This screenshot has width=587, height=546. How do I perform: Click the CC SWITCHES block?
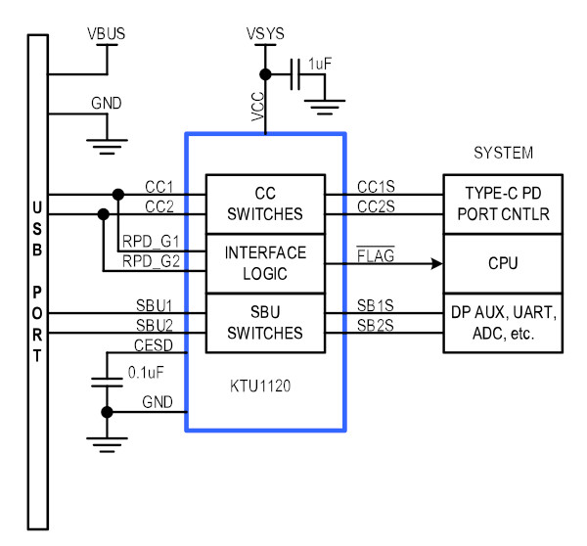[x=265, y=205]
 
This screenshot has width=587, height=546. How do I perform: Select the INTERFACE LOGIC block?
[x=265, y=263]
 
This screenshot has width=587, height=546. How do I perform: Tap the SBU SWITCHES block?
[x=265, y=323]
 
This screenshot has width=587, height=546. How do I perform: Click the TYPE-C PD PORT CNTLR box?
[x=503, y=205]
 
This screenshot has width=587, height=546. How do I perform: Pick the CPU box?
[x=503, y=263]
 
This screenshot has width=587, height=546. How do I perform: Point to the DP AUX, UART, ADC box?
[x=503, y=323]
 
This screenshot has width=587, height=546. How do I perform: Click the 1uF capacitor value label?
[x=320, y=64]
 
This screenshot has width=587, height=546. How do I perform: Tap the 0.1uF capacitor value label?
[x=146, y=372]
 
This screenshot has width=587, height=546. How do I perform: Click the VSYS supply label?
[x=265, y=33]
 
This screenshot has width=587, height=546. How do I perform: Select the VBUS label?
[x=107, y=33]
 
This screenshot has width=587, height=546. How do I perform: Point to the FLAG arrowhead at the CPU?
[x=437, y=263]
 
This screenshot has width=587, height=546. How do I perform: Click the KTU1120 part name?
[x=260, y=387]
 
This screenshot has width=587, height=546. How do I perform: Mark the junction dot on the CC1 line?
[x=118, y=195]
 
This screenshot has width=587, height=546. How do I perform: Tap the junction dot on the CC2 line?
[x=104, y=214]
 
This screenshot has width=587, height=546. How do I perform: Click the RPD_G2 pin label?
[x=152, y=261]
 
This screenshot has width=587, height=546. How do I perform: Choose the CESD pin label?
[x=154, y=345]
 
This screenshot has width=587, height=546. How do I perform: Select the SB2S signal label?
[x=376, y=326]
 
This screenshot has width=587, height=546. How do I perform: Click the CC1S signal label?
[x=376, y=187]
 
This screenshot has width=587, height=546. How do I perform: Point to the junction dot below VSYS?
[x=265, y=74]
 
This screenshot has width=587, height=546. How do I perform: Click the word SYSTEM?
[x=504, y=153]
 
